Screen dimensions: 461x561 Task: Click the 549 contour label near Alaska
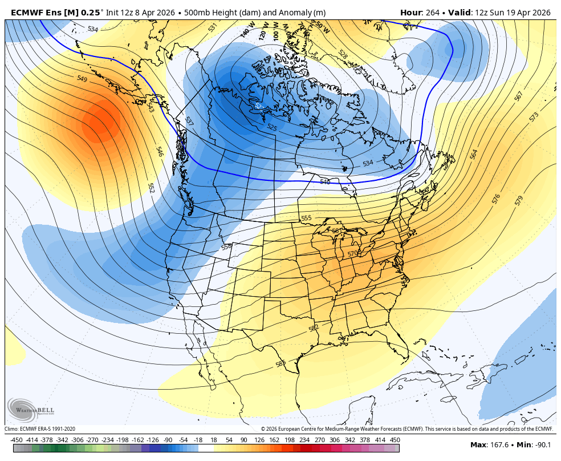pos(82,79)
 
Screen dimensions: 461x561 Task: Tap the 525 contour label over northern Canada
pos(272,128)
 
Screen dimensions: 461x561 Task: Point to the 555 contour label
pos(306,219)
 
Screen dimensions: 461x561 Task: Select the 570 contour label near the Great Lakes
pos(353,253)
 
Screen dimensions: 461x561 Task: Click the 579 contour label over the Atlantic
pos(518,201)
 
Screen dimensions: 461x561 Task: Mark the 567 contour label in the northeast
pos(518,96)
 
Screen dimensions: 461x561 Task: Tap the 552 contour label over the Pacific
pos(151,187)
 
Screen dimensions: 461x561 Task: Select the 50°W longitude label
pos(322,27)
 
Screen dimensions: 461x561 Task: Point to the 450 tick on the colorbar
pos(395,440)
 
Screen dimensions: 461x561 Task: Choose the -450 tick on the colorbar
pos(17,440)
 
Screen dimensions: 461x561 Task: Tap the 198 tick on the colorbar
pos(288,440)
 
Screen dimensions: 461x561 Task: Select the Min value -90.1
pos(541,445)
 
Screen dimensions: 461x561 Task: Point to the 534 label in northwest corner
pos(92,29)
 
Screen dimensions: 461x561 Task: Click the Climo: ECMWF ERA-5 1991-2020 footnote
pos(40,429)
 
